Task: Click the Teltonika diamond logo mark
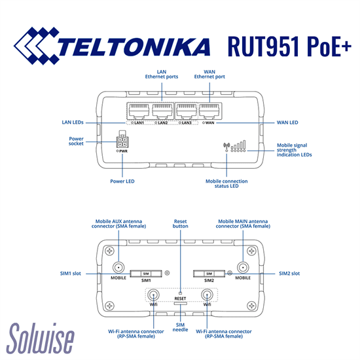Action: [36, 46]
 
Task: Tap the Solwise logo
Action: [41, 338]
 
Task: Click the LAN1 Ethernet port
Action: [139, 111]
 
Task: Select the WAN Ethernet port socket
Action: [209, 111]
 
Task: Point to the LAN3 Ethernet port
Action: [186, 111]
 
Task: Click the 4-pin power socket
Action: [122, 142]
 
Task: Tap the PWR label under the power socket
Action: [123, 151]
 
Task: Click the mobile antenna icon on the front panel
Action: [226, 147]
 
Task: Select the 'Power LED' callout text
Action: [122, 181]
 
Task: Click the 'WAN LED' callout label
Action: [287, 122]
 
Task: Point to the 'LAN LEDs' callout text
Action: [73, 122]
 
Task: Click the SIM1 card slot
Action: [146, 274]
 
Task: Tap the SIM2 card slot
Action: [209, 274]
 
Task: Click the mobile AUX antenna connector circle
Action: [118, 268]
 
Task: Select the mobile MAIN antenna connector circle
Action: [243, 268]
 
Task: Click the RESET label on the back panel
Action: [180, 298]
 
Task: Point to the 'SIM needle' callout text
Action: [180, 327]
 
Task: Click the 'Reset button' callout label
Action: [181, 224]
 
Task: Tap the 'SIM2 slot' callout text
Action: [289, 274]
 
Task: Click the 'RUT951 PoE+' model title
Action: [289, 46]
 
